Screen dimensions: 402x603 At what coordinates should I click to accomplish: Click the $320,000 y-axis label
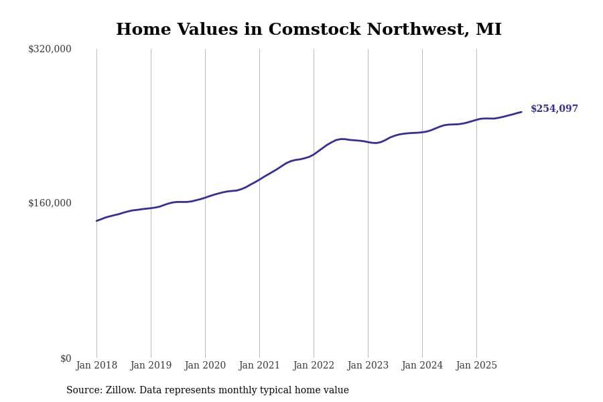click(x=50, y=49)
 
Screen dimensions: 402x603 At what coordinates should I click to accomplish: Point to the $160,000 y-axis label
click(x=50, y=203)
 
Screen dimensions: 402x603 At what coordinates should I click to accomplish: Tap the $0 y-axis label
click(x=66, y=358)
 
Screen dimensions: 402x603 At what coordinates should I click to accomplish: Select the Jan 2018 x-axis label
click(x=96, y=366)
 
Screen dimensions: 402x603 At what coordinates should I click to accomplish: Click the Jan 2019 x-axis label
click(x=151, y=366)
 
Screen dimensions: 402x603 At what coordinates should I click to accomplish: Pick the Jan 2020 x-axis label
click(x=205, y=366)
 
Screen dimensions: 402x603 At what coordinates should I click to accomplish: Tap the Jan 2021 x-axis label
click(x=259, y=366)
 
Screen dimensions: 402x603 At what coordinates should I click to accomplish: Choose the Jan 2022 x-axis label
click(x=314, y=366)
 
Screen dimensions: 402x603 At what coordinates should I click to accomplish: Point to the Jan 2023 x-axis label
click(x=368, y=366)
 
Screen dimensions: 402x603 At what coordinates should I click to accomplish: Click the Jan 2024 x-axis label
click(x=422, y=366)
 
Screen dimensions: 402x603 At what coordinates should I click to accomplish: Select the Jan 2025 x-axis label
click(x=476, y=366)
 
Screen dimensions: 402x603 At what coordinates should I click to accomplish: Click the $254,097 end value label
click(x=554, y=109)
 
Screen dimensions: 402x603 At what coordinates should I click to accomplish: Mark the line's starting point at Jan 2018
click(x=96, y=220)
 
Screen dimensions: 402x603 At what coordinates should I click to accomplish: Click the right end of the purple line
click(x=521, y=112)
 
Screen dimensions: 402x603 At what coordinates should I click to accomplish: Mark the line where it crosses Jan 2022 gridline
click(x=314, y=154)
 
